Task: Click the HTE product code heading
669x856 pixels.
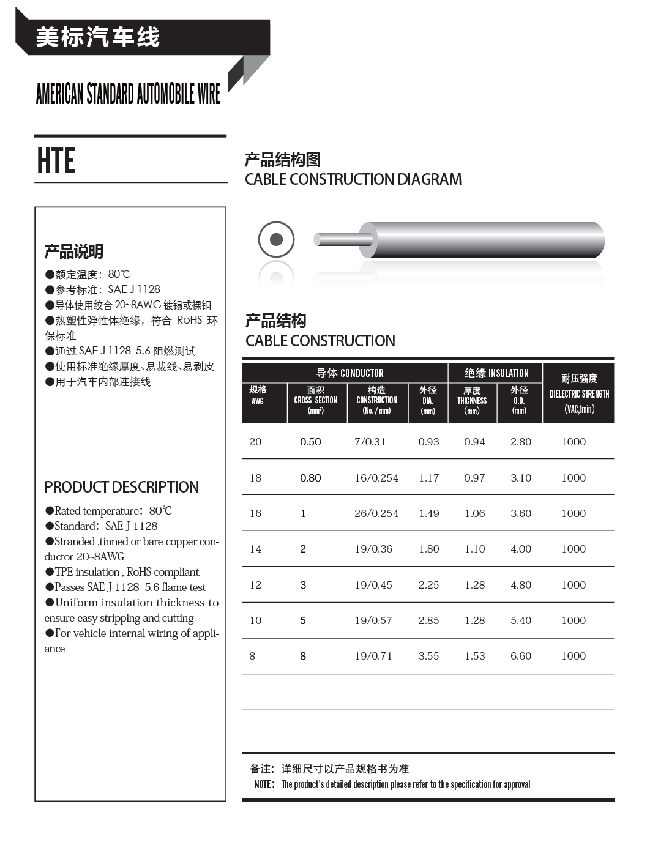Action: (x=56, y=161)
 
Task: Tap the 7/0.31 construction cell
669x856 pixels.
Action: (x=370, y=442)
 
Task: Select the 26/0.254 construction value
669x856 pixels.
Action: (x=376, y=513)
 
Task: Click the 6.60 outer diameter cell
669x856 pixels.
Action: (x=521, y=656)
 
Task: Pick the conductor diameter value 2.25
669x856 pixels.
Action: (x=428, y=585)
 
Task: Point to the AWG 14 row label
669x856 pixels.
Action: (x=255, y=549)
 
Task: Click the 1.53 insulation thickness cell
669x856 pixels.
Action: (x=474, y=656)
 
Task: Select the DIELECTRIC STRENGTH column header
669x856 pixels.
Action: (x=579, y=393)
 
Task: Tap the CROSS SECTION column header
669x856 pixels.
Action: (x=316, y=400)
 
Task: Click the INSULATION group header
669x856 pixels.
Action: (x=496, y=373)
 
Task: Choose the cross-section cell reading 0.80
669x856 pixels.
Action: (x=310, y=478)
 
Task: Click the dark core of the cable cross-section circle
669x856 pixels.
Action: (x=276, y=239)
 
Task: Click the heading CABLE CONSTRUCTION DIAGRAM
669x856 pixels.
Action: (x=353, y=179)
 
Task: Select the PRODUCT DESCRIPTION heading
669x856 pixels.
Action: (x=121, y=487)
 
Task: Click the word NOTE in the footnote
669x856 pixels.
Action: (x=264, y=784)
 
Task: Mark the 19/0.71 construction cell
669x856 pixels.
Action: (x=373, y=656)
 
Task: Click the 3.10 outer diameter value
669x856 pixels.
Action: (x=521, y=478)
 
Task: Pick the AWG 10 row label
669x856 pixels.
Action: (x=255, y=620)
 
